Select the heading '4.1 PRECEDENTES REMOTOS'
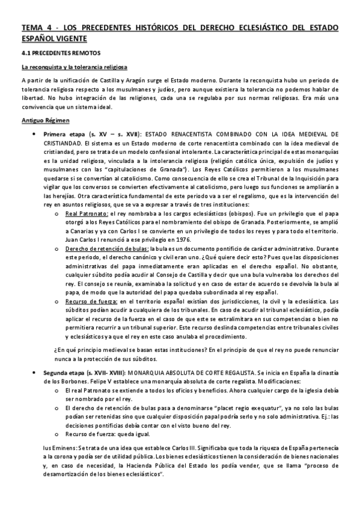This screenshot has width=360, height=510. point(56,54)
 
